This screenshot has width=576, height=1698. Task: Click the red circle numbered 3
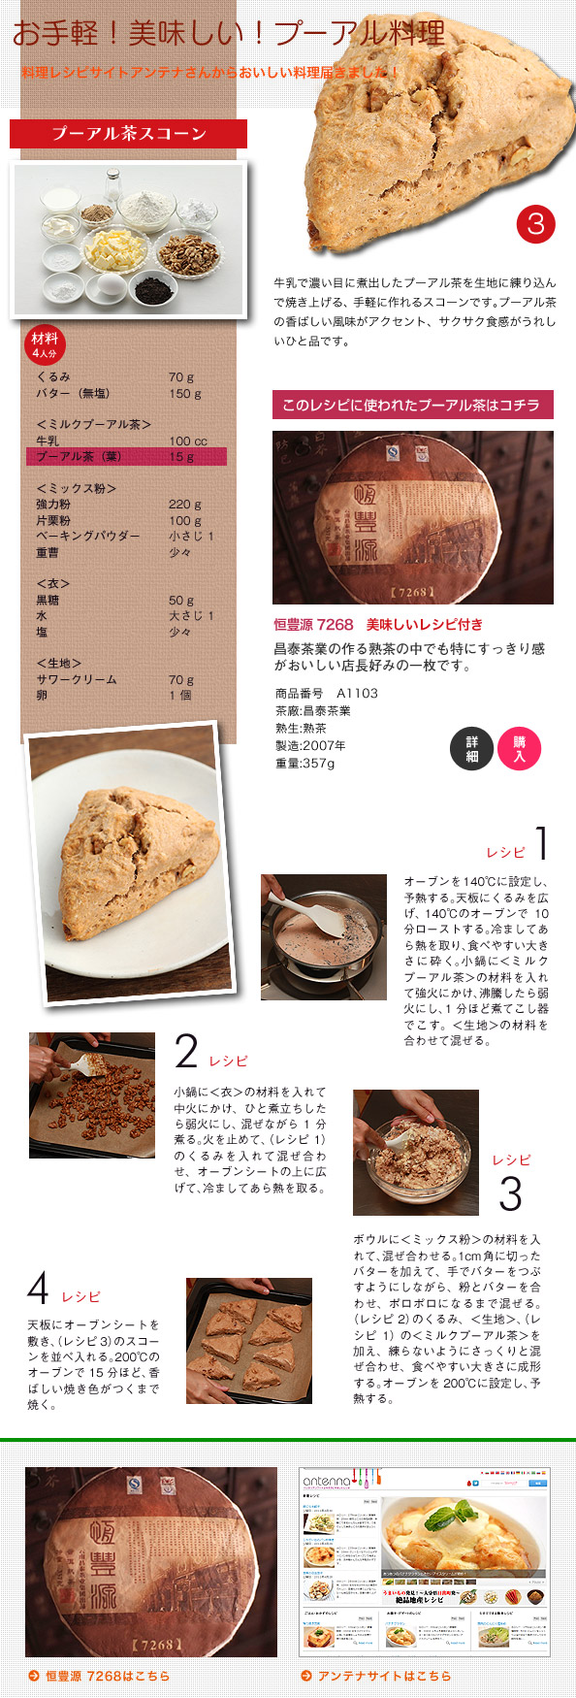(x=535, y=224)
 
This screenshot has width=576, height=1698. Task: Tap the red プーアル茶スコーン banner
(x=128, y=134)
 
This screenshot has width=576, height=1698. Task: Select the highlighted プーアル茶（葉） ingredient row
(x=126, y=456)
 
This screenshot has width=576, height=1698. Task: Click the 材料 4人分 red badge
(x=45, y=343)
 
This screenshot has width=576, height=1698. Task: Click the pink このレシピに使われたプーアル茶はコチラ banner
(x=412, y=405)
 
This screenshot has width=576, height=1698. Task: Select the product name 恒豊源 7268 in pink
(x=313, y=625)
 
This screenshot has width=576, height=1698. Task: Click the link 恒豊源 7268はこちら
(x=107, y=1676)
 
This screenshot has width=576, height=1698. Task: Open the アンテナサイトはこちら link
(x=384, y=1676)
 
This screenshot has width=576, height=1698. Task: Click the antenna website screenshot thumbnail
(x=425, y=1560)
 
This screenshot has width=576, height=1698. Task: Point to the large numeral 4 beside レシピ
(x=38, y=1289)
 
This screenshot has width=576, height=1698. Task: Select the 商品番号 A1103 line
(x=327, y=694)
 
